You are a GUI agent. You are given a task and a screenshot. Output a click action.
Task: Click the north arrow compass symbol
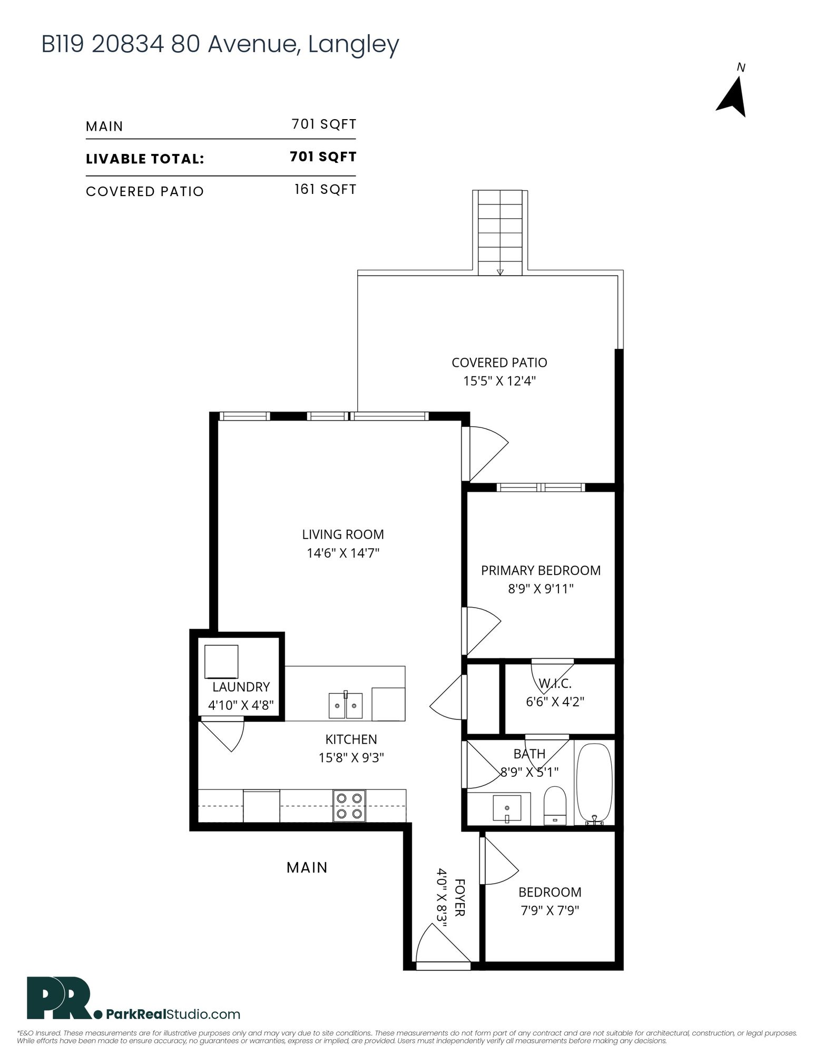pyautogui.click(x=732, y=97)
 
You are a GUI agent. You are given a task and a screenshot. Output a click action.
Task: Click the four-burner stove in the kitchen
pyautogui.click(x=349, y=806)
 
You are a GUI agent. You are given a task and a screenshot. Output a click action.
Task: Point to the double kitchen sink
pyautogui.click(x=346, y=705)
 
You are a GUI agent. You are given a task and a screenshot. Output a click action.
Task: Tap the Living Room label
pyautogui.click(x=343, y=534)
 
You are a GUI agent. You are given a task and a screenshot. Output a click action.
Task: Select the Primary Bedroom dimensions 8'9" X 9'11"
pyautogui.click(x=541, y=589)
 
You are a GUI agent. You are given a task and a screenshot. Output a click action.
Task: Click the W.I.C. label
pyautogui.click(x=555, y=684)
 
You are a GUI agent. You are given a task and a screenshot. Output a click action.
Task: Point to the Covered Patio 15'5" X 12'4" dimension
pyautogui.click(x=499, y=380)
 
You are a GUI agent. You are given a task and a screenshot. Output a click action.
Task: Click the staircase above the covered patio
pyautogui.click(x=500, y=232)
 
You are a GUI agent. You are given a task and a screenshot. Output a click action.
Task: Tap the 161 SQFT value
pyautogui.click(x=325, y=189)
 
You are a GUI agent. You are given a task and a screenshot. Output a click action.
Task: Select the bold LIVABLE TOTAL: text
pyautogui.click(x=145, y=159)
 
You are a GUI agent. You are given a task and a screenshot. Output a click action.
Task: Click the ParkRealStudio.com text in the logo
pyautogui.click(x=173, y=1014)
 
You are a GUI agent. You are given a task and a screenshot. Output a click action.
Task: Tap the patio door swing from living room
pyautogui.click(x=487, y=453)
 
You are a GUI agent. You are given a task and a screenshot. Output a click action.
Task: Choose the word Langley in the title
pyautogui.click(x=354, y=45)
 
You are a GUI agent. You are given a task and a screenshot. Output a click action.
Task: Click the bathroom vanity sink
pyautogui.click(x=507, y=809)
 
